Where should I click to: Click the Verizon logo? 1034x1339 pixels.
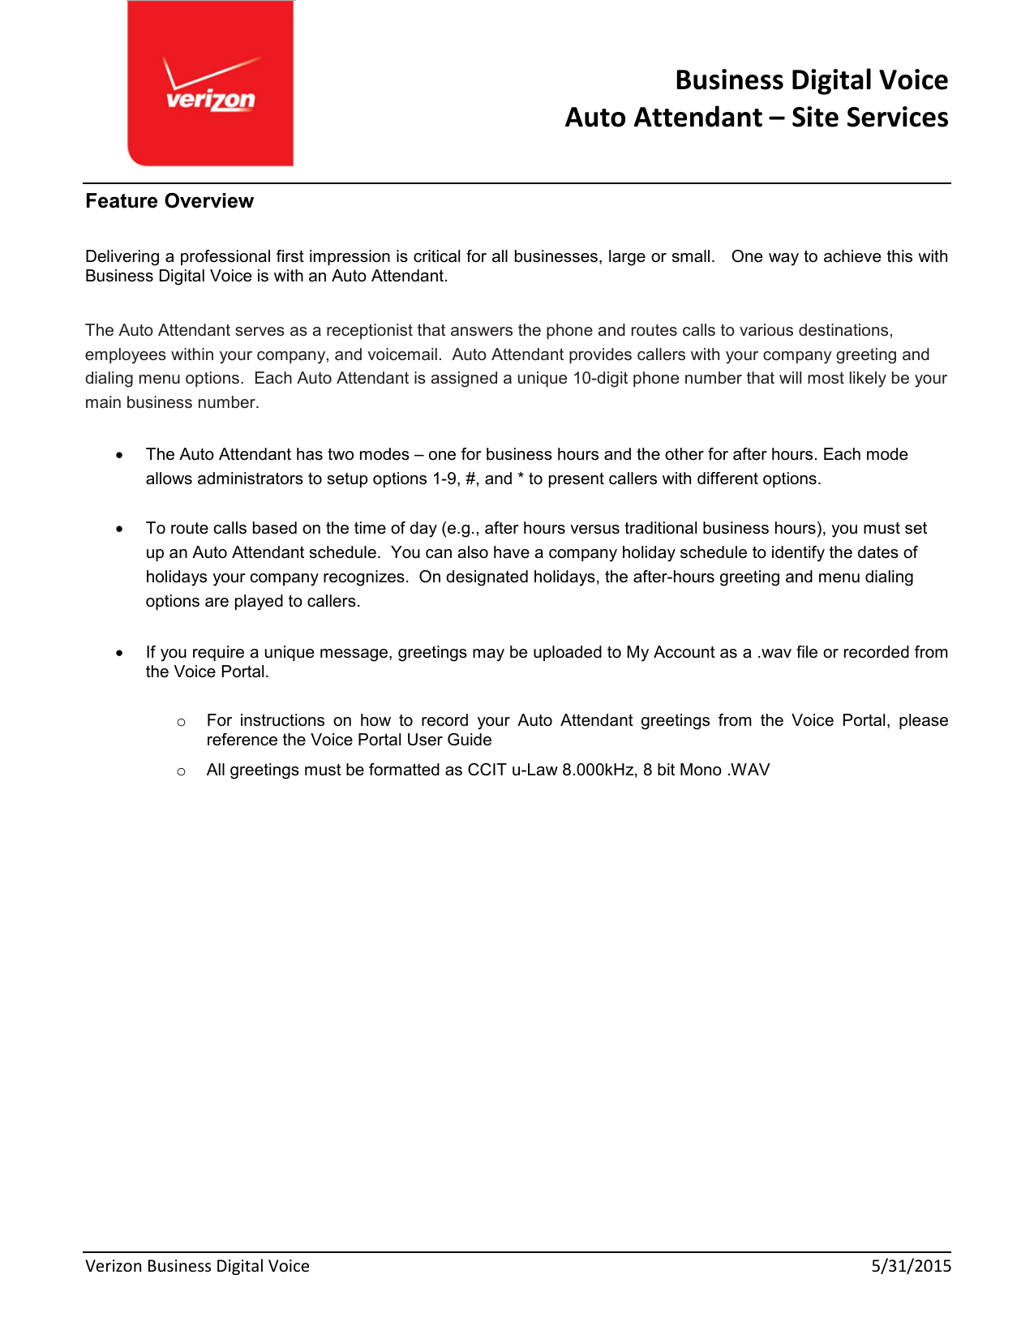coord(210,84)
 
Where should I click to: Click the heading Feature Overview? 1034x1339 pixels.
coord(169,201)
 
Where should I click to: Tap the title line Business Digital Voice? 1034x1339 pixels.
coord(811,80)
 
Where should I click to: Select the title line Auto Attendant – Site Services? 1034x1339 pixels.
coord(756,118)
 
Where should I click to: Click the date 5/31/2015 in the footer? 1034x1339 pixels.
coord(911,1266)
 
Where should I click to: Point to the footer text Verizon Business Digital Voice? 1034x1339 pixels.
coord(197,1266)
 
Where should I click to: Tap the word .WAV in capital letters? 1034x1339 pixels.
coord(748,770)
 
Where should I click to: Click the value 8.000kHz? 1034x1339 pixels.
coord(598,770)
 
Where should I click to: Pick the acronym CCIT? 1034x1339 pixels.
coord(487,770)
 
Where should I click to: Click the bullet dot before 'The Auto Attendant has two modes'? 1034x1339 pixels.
coord(120,455)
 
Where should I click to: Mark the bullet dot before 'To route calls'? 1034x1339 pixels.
coord(120,529)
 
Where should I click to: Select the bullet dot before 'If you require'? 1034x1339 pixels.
coord(120,653)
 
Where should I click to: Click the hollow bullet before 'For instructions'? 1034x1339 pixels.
coord(182,722)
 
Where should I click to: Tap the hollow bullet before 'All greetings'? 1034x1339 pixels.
coord(182,771)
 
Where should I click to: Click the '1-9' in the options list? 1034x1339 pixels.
coord(445,479)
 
